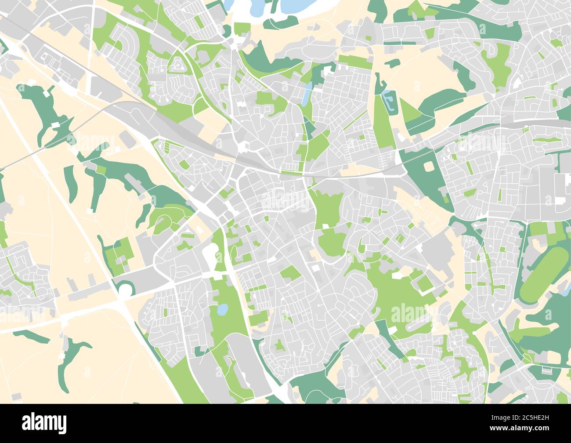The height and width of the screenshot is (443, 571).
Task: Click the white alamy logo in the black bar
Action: pyautogui.click(x=44, y=423)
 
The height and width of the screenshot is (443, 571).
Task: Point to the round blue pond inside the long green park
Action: pyautogui.click(x=223, y=310)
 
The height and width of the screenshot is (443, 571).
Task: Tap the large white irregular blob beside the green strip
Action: pyautogui.click(x=210, y=254)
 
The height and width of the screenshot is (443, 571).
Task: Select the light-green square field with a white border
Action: pyautogui.click(x=424, y=283)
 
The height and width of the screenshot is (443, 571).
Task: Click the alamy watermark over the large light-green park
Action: pyautogui.click(x=408, y=313)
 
